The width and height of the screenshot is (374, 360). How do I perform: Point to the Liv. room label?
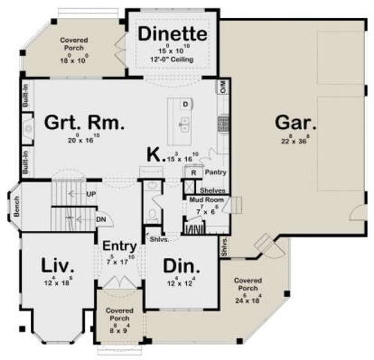[x=55, y=267]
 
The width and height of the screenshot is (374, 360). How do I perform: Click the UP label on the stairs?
[x=92, y=193]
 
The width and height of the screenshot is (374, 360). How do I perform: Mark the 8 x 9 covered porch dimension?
[x=119, y=327]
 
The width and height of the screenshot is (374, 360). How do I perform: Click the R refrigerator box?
[x=194, y=172]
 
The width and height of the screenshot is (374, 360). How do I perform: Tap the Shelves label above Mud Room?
[x=213, y=190]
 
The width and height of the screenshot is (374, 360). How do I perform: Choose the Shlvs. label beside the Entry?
[x=158, y=240]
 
